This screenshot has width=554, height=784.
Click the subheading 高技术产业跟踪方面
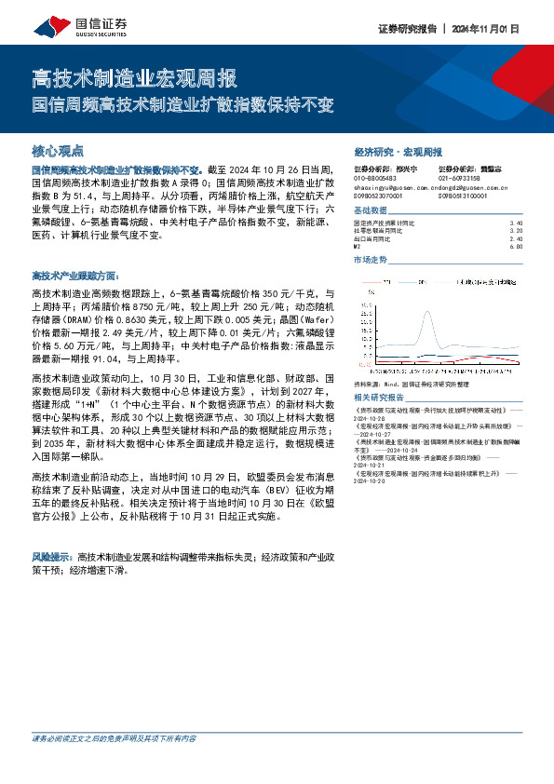pos(74,277)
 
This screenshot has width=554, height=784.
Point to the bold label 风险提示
pos(53,556)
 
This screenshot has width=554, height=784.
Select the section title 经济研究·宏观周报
pos(398,151)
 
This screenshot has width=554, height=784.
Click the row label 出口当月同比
pos(376,239)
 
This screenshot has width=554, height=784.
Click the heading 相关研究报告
pos(381,396)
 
